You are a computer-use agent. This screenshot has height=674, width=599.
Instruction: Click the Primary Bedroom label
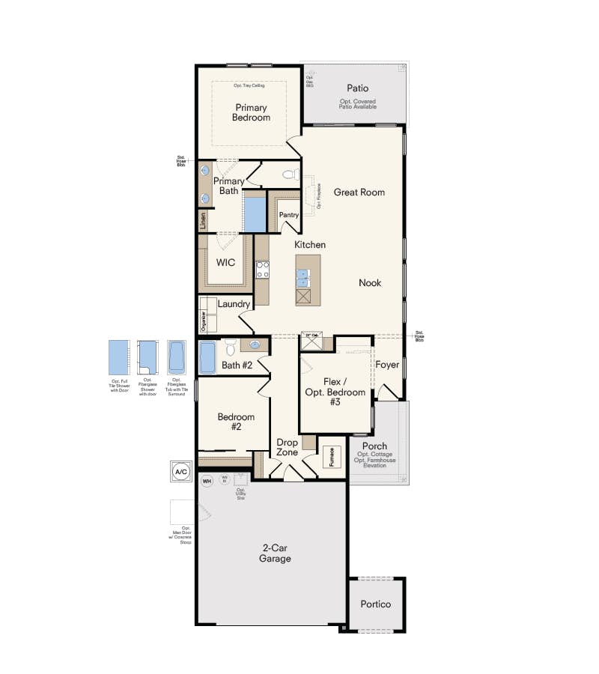[x=251, y=112]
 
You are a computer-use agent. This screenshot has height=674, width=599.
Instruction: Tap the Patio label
[x=357, y=88]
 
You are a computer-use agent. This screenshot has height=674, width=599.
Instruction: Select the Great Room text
[x=359, y=192]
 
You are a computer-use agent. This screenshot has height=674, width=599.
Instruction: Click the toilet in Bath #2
[x=231, y=347]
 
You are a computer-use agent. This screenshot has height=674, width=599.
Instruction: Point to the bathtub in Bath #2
[x=207, y=356]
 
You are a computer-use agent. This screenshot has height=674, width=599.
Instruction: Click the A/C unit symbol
[x=180, y=472]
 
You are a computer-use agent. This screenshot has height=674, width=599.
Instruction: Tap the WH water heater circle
[x=207, y=480]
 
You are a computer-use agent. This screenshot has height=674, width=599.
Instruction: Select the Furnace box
[x=332, y=457]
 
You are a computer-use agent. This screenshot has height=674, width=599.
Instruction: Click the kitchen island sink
[x=303, y=278]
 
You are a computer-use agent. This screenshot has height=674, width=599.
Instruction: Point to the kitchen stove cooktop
[x=263, y=270]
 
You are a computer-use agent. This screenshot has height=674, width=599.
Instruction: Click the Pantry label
[x=289, y=215]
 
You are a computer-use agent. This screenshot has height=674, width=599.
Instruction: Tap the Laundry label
[x=234, y=304]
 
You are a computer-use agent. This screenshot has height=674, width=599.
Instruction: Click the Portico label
[x=376, y=604]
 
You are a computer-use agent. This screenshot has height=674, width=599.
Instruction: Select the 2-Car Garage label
[x=275, y=553]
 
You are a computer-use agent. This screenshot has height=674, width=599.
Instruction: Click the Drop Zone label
[x=288, y=447]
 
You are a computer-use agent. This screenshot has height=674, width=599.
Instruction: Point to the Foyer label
[x=387, y=365]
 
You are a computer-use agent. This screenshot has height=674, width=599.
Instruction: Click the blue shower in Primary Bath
[x=255, y=213]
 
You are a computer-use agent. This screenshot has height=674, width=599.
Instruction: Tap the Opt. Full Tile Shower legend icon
[x=120, y=357]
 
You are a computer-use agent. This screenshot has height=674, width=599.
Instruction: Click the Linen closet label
[x=203, y=221]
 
